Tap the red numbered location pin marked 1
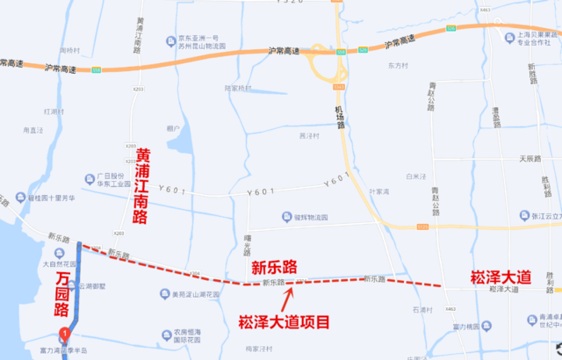[x=64, y=334]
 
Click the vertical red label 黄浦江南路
[x=141, y=186]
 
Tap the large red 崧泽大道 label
[x=500, y=277]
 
